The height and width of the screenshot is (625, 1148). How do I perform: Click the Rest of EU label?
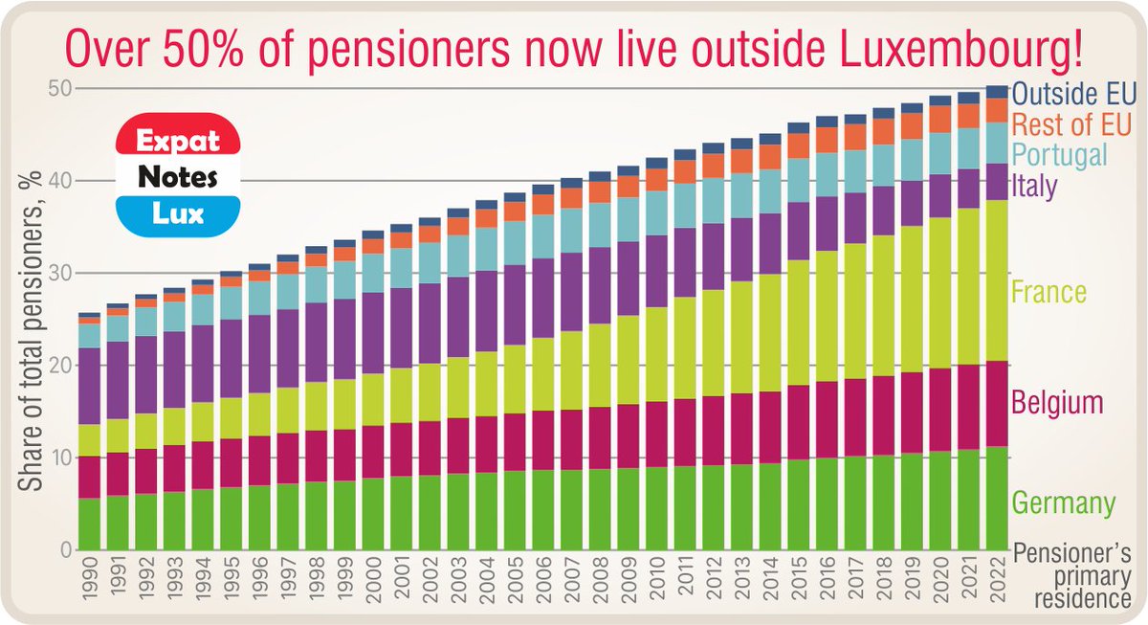coord(1071,123)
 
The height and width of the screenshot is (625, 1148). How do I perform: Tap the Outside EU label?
coord(1073,94)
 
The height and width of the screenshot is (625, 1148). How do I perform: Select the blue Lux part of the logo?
coord(176,212)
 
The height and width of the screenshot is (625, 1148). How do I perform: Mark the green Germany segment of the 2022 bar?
coord(997,498)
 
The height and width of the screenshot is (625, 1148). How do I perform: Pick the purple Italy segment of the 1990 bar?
coord(90,386)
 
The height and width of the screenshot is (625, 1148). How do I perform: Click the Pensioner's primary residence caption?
coord(1072,577)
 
